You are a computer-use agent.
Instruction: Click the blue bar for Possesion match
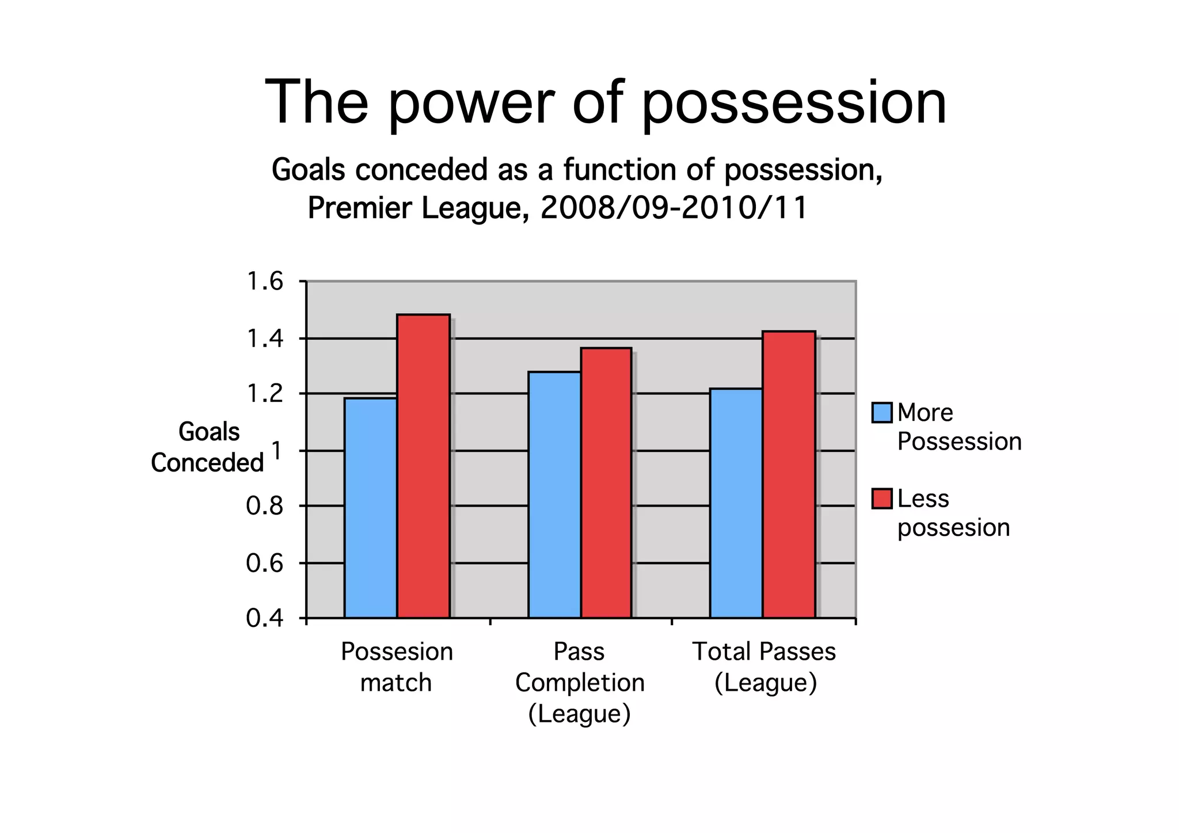[370, 508]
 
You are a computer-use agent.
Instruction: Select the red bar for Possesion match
[423, 466]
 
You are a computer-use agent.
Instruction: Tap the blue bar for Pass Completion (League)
[554, 495]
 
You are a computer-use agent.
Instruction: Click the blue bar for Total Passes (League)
[736, 503]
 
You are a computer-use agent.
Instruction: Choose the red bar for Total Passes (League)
[789, 474]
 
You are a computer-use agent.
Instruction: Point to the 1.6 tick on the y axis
[265, 282]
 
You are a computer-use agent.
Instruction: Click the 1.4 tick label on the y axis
[265, 339]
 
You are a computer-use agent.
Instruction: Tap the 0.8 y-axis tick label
[265, 507]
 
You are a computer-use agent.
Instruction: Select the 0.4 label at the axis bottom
[265, 619]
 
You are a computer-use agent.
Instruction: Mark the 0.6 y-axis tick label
[265, 563]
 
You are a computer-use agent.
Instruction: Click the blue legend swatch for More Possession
[881, 413]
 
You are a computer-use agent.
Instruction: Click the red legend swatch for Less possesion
[881, 499]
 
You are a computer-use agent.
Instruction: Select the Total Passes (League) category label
[764, 667]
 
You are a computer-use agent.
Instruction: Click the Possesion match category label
[397, 667]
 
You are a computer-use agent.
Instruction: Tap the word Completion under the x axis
[580, 683]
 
